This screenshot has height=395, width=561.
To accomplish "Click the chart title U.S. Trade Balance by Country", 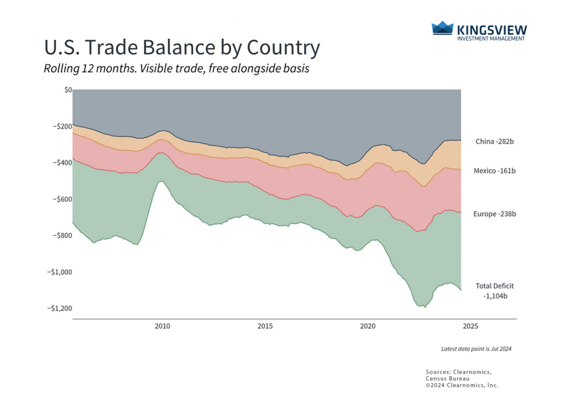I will click(181, 48).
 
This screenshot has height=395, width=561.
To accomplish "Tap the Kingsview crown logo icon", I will click(443, 28).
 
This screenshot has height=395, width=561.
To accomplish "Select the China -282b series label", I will click(495, 141).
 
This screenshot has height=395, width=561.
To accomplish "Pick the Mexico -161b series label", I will click(495, 171).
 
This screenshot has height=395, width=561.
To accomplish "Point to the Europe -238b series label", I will click(495, 214).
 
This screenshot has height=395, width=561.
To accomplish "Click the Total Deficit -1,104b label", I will click(495, 291).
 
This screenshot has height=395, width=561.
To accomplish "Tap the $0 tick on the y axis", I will click(68, 89).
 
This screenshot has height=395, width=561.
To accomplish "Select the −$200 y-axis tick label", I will click(60, 126).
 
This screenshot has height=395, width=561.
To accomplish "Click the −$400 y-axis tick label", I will click(60, 163).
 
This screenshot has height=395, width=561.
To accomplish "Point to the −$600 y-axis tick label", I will click(60, 199).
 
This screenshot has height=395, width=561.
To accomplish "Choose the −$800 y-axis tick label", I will click(60, 236).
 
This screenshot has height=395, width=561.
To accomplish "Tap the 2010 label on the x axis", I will click(162, 327).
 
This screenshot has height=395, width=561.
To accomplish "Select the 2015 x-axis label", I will click(265, 327).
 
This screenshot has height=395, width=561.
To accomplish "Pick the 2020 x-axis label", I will click(368, 327).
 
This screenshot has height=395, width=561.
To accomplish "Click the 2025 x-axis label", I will click(470, 327).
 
